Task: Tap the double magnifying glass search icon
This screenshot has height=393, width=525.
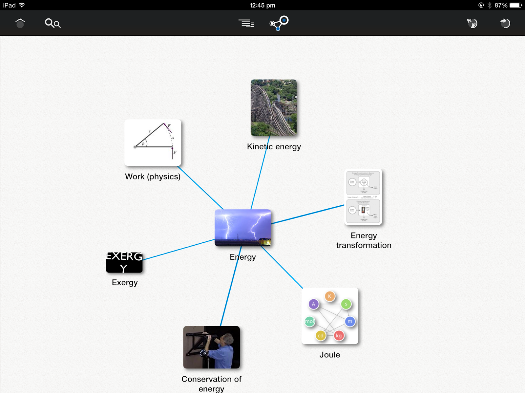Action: [x=52, y=23]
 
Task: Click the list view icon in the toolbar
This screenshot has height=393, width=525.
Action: [x=246, y=23]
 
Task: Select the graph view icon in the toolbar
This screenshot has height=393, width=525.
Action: [x=279, y=23]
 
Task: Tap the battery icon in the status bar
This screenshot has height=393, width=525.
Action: [x=515, y=5]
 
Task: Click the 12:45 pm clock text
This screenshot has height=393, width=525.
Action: [x=262, y=5]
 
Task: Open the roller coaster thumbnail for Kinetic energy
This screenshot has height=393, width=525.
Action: [x=274, y=108]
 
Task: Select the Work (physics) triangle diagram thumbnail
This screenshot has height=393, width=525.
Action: [x=153, y=142]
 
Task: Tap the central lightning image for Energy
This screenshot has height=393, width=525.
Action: [x=243, y=228]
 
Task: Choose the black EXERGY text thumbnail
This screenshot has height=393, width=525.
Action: [x=124, y=262]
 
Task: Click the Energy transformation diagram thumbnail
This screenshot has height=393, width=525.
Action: [x=363, y=197]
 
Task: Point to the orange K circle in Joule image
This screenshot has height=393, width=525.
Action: [x=330, y=296]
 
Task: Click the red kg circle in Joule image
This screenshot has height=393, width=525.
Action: [x=339, y=336]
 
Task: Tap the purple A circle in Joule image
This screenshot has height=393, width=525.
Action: [x=313, y=304]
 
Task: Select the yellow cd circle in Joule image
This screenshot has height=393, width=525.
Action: [x=321, y=336]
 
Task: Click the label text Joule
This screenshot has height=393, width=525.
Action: [x=330, y=355]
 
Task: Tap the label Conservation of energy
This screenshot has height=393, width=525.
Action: [x=211, y=384]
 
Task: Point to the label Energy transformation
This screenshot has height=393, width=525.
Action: [x=364, y=240]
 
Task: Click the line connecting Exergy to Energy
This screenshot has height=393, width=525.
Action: [x=179, y=250]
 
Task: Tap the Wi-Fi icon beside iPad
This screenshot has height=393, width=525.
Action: [x=22, y=5]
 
